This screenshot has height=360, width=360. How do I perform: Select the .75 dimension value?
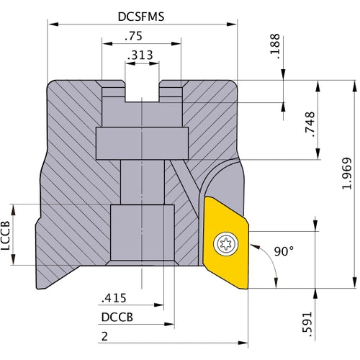(132, 36)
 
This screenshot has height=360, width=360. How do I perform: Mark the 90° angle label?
(284, 252)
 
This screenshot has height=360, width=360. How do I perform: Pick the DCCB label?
(115, 316)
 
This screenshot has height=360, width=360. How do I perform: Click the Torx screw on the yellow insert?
(225, 243)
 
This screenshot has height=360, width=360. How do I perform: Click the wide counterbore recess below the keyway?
(143, 143)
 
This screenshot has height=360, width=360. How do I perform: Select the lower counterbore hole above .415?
(143, 234)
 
